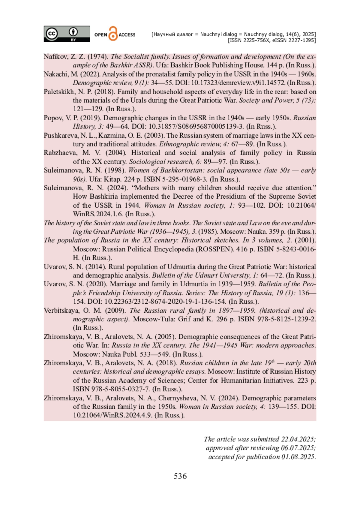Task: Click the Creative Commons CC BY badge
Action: tap(67, 34)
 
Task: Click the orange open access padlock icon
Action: tap(113, 34)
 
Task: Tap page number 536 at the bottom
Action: tap(180, 476)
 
